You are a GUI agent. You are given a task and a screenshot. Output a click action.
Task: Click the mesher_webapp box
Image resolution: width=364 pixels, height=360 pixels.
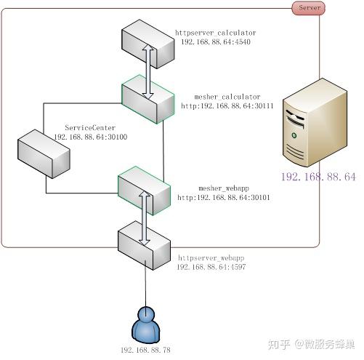(x=144, y=188)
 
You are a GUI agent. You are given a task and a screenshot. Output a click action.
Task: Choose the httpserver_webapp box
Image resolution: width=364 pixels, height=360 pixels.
(x=144, y=247)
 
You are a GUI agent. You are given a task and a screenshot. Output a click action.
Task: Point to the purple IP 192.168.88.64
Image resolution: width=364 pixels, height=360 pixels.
(x=318, y=177)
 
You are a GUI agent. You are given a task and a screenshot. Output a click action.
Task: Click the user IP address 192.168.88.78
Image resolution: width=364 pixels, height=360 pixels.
(x=145, y=351)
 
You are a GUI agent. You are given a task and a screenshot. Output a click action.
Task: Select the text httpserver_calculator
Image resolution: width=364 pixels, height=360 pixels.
(x=215, y=33)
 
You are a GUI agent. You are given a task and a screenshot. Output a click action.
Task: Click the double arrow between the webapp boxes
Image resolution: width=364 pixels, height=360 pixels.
(x=145, y=217)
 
